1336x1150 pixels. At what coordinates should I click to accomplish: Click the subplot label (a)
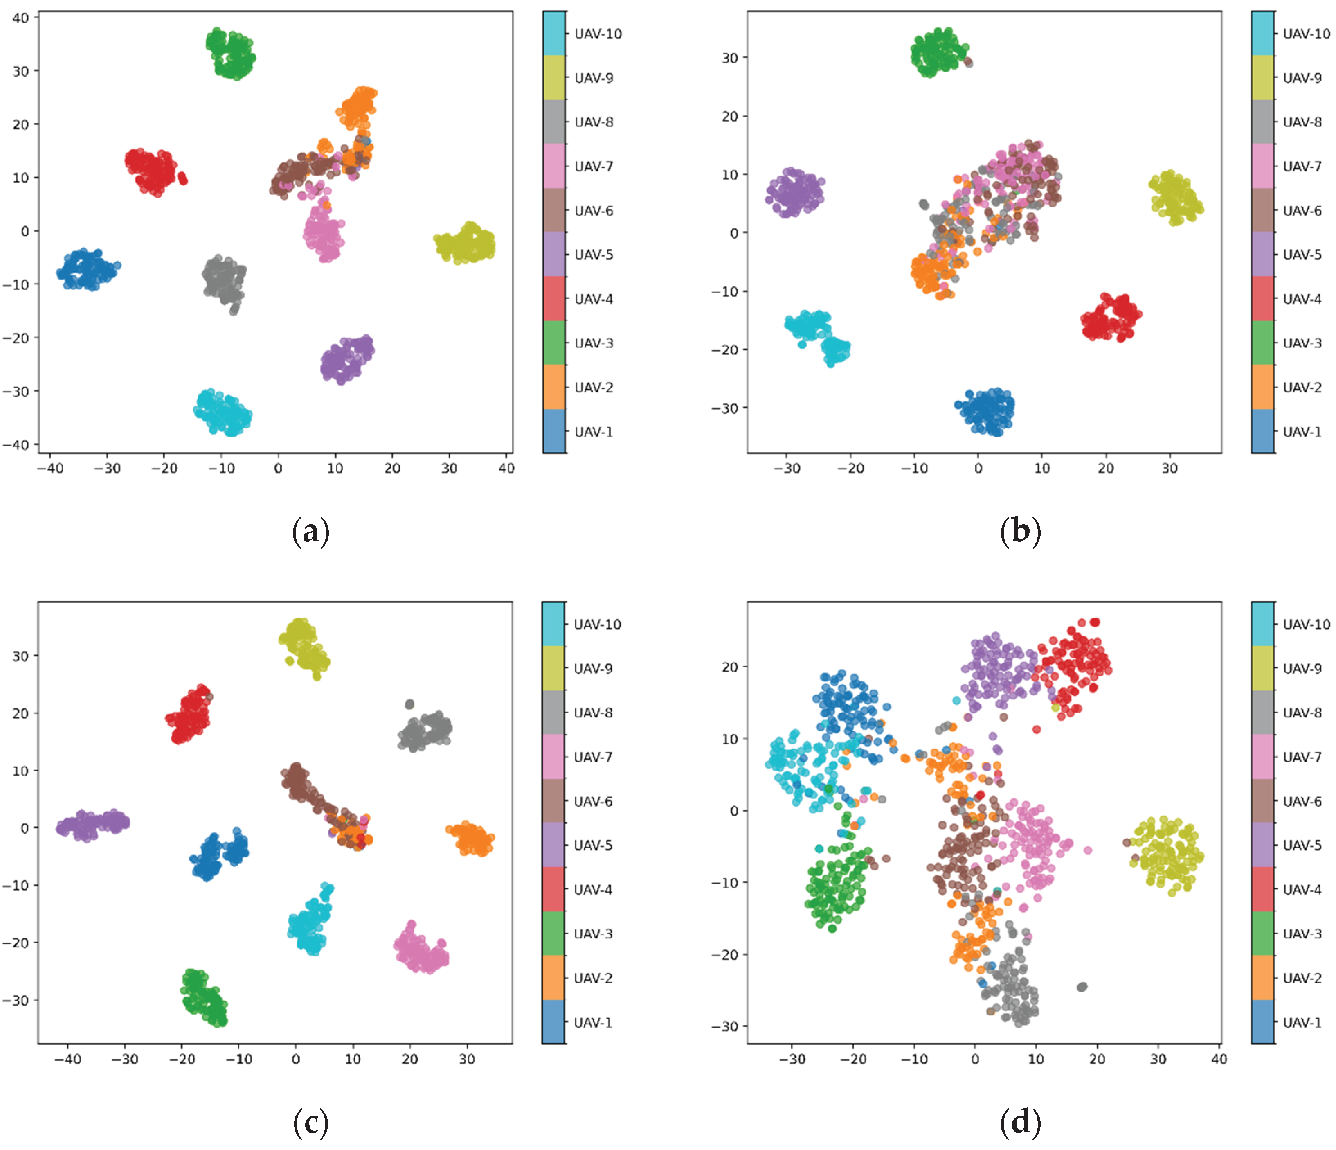pyautogui.click(x=311, y=532)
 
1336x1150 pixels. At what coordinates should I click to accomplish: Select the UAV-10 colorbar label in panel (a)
pyautogui.click(x=598, y=34)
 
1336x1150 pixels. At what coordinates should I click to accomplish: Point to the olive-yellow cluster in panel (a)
pyautogui.click(x=466, y=244)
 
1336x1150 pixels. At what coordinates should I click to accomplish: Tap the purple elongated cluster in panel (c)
pyautogui.click(x=92, y=825)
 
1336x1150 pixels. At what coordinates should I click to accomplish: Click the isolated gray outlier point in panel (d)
pyautogui.click(x=1082, y=987)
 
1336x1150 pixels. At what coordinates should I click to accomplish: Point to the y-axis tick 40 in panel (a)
pyautogui.click(x=20, y=18)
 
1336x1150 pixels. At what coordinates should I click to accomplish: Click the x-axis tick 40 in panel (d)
pyautogui.click(x=1219, y=1059)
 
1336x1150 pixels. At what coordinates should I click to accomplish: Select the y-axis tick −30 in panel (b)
pyautogui.click(x=725, y=408)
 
